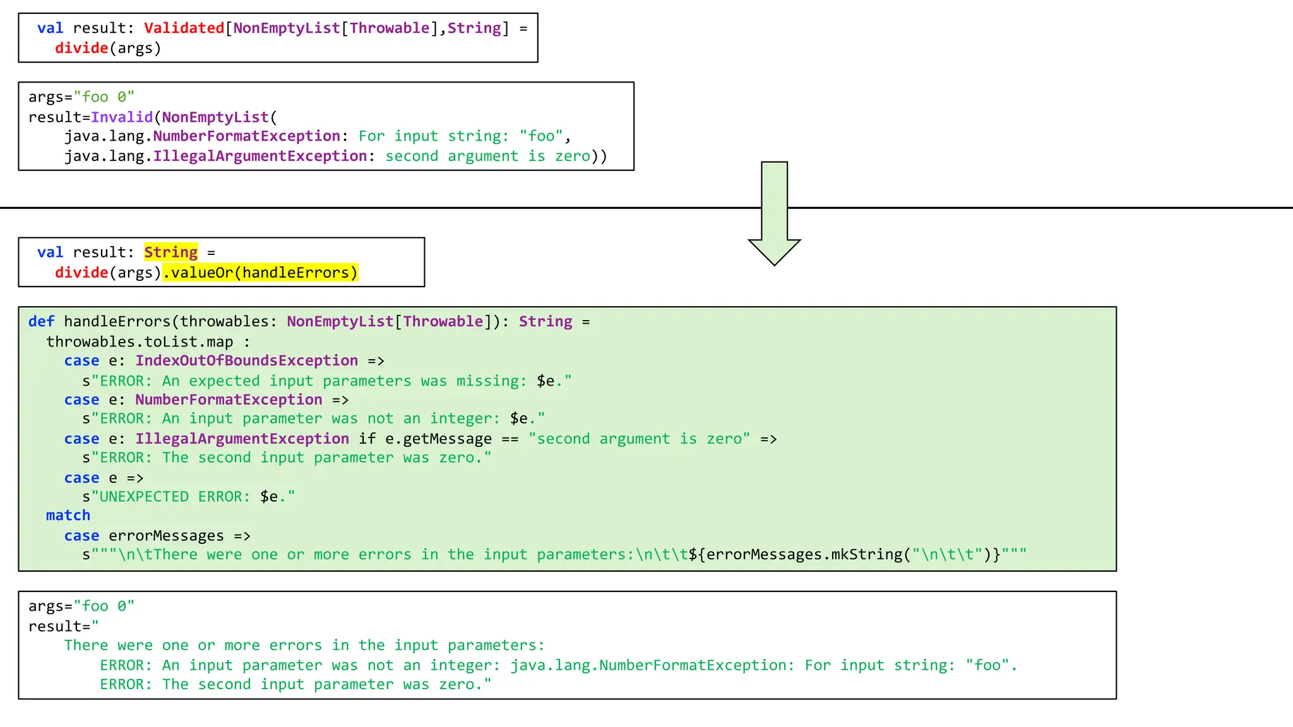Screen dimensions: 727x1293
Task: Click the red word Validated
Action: click(184, 28)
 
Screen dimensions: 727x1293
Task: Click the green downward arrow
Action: click(774, 215)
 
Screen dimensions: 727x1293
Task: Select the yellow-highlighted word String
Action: click(170, 252)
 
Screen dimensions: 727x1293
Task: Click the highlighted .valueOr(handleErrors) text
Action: click(260, 273)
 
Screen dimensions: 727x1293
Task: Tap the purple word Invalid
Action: click(122, 117)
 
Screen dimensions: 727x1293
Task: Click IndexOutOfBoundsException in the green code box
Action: click(246, 361)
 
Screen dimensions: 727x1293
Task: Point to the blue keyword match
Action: click(68, 516)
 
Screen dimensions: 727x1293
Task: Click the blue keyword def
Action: click(41, 322)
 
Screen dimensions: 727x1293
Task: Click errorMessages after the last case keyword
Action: click(166, 536)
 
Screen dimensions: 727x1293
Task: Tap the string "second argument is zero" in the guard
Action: click(639, 439)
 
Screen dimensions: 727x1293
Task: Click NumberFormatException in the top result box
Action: click(246, 136)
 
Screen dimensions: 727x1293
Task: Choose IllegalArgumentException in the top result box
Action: click(259, 157)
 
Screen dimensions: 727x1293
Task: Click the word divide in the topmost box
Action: click(81, 49)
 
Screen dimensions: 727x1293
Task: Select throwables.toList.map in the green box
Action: click(140, 342)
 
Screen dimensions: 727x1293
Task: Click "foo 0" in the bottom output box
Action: click(104, 606)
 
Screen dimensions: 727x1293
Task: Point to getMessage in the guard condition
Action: click(447, 439)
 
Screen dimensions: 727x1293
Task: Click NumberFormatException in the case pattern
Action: click(229, 400)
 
